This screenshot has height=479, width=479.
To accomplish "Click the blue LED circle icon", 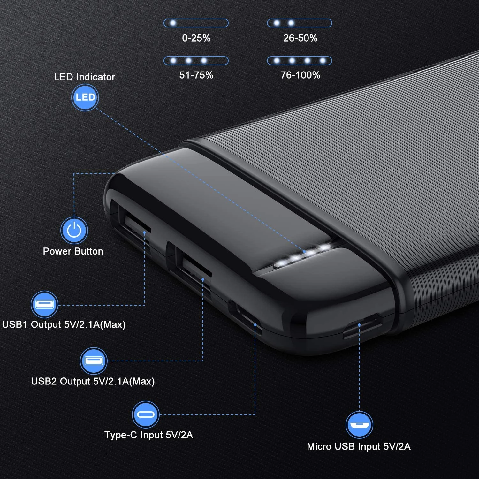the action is click(x=85, y=97).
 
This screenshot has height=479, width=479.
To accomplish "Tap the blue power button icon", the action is click(x=74, y=230).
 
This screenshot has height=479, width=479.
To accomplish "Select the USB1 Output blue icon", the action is click(x=44, y=304).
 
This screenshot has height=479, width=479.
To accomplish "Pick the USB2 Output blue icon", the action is click(x=94, y=361).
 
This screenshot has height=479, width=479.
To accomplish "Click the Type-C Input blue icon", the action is click(x=146, y=414).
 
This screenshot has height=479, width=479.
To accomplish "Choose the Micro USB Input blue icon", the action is click(x=359, y=425).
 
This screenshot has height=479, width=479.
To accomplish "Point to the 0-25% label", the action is click(x=196, y=38).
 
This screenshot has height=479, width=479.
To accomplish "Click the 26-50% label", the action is click(x=300, y=38).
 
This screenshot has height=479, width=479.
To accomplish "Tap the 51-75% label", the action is click(x=196, y=75).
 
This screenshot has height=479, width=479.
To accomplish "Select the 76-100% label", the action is click(x=300, y=75).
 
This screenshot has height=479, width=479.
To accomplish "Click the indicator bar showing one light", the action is click(x=196, y=23).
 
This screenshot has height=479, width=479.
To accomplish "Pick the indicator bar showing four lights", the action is click(x=300, y=61).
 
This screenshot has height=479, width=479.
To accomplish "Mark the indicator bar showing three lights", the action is click(x=196, y=61).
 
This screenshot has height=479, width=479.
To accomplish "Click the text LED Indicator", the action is click(x=84, y=77).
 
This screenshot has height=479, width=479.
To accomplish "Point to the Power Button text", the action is click(x=73, y=251).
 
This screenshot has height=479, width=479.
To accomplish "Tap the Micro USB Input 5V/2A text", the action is click(x=359, y=446).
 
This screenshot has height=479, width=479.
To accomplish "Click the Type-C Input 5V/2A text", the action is click(x=149, y=435).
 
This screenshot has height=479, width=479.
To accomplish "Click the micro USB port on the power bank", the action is click(x=362, y=326).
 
